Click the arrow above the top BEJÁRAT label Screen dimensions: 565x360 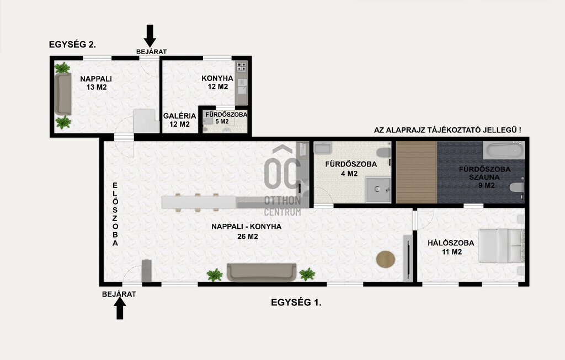coord(150,36)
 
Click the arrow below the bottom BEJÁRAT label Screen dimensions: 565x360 coord(120,309)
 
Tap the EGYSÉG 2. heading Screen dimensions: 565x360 coord(72,45)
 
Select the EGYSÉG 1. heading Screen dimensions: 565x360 coord(296,303)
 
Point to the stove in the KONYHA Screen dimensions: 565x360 coord(241,67)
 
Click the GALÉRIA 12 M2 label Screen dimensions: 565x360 coord(179,120)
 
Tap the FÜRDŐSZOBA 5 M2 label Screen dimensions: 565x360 coord(226,118)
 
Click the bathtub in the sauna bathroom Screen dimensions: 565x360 coord(504,151)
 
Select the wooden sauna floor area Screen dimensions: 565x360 coord(417,173)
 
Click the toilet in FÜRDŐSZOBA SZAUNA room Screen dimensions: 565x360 coord(517,187)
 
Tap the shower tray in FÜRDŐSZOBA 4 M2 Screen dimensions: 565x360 coord(378,189)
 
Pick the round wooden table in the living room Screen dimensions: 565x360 coord(386,259)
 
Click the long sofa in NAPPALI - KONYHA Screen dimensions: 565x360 coord(262,272)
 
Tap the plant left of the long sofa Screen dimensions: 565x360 coord(215,275)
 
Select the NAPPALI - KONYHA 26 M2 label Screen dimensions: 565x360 coord(247,232)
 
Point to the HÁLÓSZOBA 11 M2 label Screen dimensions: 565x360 coord(451,248)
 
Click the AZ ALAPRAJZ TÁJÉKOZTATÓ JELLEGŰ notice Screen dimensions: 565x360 coord(447,130)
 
